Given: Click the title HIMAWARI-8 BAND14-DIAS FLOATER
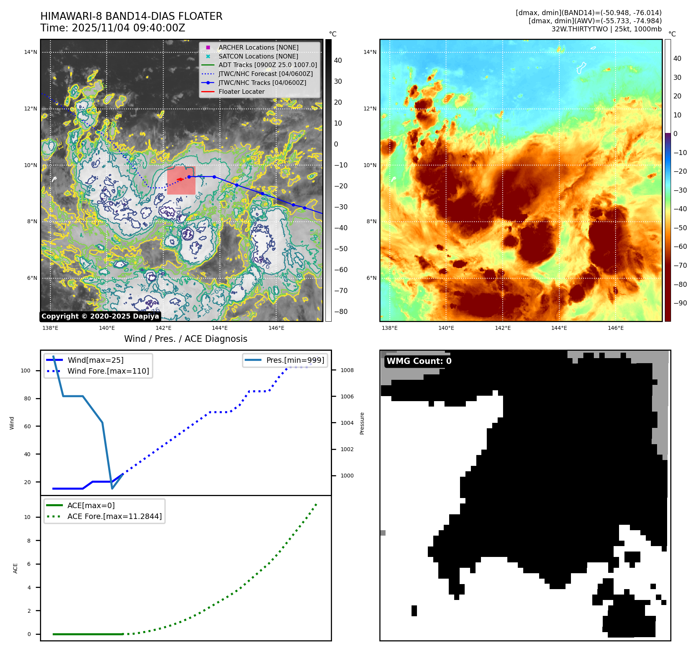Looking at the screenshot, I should coord(131,16).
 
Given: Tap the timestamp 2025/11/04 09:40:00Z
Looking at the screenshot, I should coord(128,28).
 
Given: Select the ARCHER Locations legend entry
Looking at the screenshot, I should coord(258,47).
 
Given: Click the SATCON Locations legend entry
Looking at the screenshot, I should coord(258,56).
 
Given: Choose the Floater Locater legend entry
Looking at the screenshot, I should coord(241,91).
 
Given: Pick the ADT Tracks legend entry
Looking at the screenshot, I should coord(268,65).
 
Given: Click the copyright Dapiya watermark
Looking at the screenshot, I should coord(100,316).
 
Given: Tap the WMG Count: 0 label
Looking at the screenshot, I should coord(419,361).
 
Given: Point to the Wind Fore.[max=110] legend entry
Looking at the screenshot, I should coord(108,371).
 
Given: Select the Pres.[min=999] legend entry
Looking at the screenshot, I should coord(295,360).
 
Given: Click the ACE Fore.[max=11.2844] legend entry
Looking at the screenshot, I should coord(114,516).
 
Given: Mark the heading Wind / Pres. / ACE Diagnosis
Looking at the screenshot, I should coord(185,339).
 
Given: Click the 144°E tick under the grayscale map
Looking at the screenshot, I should coord(220,328).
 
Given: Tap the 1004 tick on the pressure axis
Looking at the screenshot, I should coord(347,423).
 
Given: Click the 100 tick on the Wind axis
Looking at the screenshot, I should coord(26,371).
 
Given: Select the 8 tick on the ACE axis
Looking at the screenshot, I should coord(29,541).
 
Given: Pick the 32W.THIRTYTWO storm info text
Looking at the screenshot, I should coord(606,29).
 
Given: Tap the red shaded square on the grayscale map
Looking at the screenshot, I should coord(181,181).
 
